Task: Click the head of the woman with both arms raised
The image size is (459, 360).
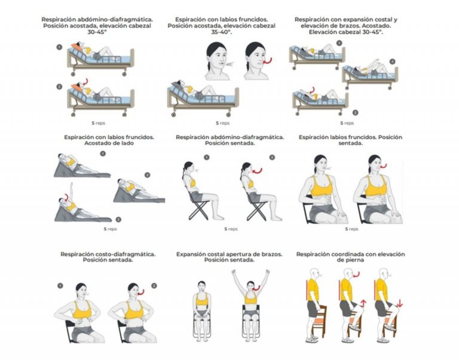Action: point(250,286)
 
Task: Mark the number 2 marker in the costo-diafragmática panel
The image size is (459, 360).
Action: point(154,285)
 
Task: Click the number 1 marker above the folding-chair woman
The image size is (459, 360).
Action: point(206,158)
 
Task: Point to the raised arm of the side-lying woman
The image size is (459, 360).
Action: point(66,192)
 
